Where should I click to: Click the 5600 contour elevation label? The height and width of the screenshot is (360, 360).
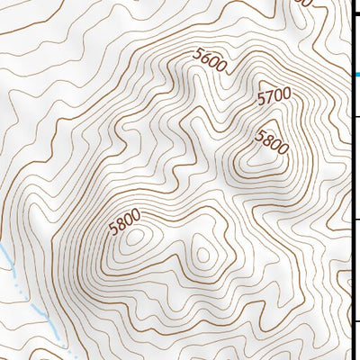(x=209, y=58)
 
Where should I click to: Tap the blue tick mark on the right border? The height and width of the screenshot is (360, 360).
(x=355, y=74)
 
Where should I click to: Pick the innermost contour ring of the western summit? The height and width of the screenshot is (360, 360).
(x=136, y=238)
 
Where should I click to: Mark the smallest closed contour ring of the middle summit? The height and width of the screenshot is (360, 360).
(x=202, y=255)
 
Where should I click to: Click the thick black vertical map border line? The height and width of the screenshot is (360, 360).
(x=351, y=180)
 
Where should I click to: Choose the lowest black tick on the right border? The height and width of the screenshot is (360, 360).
(x=355, y=321)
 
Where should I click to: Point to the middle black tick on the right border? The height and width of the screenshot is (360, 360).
(x=355, y=220)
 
